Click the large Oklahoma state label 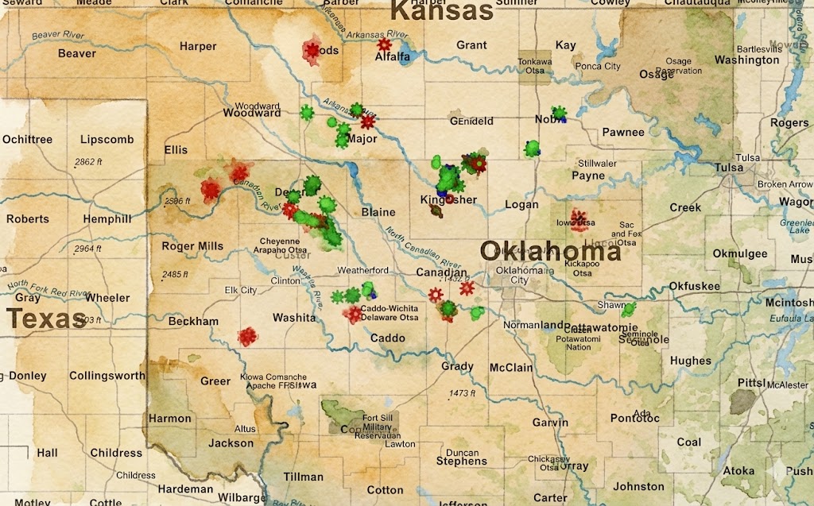pyautogui.click(x=550, y=252)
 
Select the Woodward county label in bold pyautogui.click(x=252, y=113)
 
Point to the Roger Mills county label pyautogui.click(x=193, y=246)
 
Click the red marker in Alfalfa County pyautogui.click(x=386, y=44)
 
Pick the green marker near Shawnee pyautogui.click(x=630, y=308)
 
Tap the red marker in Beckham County pyautogui.click(x=248, y=336)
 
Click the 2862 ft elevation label pyautogui.click(x=85, y=162)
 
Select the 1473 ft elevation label pyautogui.click(x=461, y=393)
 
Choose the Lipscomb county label pyautogui.click(x=107, y=139)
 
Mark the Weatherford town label pyautogui.click(x=362, y=270)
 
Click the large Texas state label pyautogui.click(x=46, y=319)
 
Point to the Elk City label pyautogui.click(x=242, y=291)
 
